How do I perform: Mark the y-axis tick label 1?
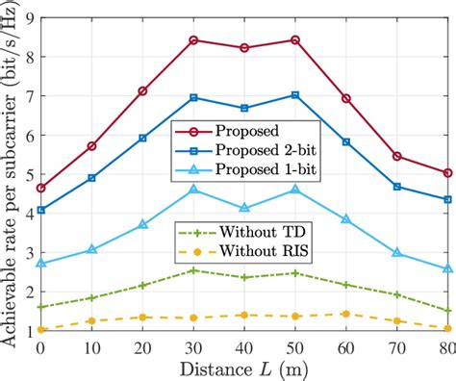tap(27, 331)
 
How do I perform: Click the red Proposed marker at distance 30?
tap(193, 40)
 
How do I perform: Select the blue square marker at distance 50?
tap(294, 95)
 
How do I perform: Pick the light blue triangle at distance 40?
tap(244, 208)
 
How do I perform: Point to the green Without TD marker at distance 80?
tap(446, 310)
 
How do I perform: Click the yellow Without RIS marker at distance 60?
tap(345, 314)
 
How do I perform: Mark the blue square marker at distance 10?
tap(91, 178)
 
